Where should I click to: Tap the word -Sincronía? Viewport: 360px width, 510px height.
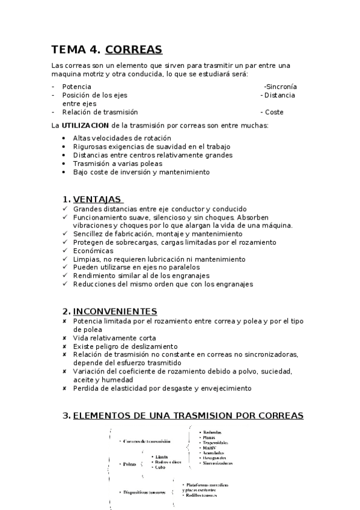click(280, 87)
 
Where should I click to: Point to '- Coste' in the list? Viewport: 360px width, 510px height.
click(272, 112)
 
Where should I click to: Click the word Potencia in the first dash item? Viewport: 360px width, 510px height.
click(76, 87)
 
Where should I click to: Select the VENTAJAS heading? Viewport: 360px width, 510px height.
click(97, 199)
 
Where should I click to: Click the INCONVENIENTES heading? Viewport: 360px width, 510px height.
click(115, 311)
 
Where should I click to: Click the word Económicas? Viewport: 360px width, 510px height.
click(93, 251)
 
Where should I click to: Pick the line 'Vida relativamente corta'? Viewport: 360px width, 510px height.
click(114, 338)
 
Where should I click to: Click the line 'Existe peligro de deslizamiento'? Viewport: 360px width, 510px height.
click(125, 346)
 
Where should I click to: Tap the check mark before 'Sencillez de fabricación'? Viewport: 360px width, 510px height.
click(65, 234)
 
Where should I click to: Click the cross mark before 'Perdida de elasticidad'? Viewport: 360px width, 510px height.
click(64, 389)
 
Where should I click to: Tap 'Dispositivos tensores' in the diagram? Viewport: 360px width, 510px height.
click(143, 491)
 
